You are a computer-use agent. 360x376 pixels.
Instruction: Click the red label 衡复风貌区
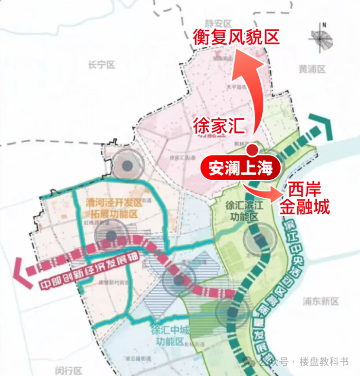[x=236, y=37]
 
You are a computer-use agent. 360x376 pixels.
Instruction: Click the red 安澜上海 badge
[x=241, y=168]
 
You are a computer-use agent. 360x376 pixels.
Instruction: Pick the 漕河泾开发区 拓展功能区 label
[x=113, y=207]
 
